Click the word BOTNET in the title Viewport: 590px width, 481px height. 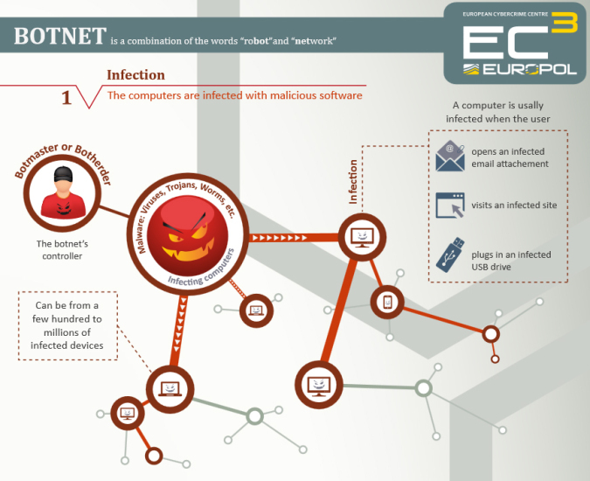tap(59, 37)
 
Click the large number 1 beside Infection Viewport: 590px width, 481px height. tap(66, 97)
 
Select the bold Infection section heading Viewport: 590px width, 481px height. tap(135, 75)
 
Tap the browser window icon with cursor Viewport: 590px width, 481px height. tap(450, 206)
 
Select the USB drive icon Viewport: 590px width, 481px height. tap(448, 257)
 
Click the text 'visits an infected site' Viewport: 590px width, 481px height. tap(513, 206)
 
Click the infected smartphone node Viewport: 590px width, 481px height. tap(388, 303)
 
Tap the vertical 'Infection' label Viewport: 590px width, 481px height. tap(353, 181)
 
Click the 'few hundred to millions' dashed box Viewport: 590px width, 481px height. tap(66, 324)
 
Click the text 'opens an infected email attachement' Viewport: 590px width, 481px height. tap(510, 157)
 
